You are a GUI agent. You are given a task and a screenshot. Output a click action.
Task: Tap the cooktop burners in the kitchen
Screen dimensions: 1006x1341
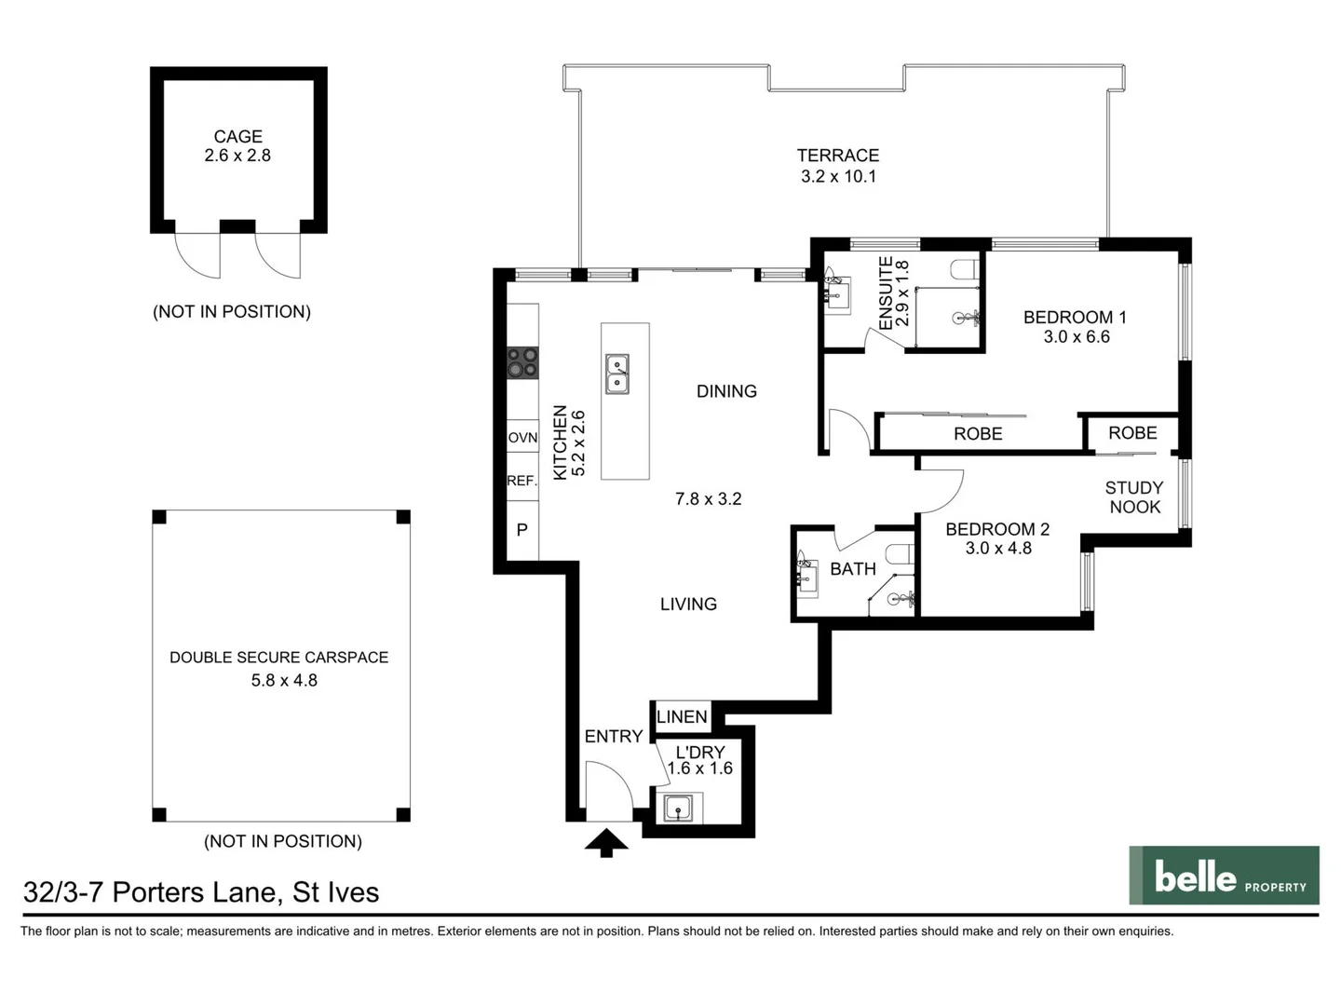pyautogui.click(x=522, y=362)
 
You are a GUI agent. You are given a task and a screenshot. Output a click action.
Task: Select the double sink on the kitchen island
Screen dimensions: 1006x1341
pyautogui.click(x=616, y=374)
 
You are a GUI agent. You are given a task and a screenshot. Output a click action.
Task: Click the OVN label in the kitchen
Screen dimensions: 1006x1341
pyautogui.click(x=522, y=437)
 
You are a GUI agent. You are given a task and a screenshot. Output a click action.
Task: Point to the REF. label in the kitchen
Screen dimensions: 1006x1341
pyautogui.click(x=522, y=481)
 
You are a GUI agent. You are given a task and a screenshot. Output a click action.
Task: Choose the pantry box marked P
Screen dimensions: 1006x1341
pyautogui.click(x=522, y=529)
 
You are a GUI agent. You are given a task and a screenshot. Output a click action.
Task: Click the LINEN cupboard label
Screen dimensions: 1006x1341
pyautogui.click(x=682, y=716)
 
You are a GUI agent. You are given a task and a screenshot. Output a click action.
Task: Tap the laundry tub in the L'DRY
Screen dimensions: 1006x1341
pyautogui.click(x=678, y=808)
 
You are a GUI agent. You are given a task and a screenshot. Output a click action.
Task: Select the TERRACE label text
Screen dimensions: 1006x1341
pyautogui.click(x=837, y=156)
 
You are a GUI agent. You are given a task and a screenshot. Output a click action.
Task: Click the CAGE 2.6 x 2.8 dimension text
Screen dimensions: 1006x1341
pyautogui.click(x=237, y=156)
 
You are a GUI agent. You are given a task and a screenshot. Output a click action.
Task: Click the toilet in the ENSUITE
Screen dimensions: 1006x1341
pyautogui.click(x=964, y=270)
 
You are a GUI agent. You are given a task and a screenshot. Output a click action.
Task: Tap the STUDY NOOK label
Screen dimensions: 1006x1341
pyautogui.click(x=1133, y=497)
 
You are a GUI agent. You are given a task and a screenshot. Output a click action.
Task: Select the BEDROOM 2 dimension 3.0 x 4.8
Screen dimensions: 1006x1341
pyautogui.click(x=997, y=549)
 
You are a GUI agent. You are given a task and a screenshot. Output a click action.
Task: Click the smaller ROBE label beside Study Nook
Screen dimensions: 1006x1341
pyautogui.click(x=1132, y=433)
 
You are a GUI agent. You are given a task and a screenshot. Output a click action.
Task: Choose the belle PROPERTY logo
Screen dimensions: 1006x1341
pyautogui.click(x=1224, y=876)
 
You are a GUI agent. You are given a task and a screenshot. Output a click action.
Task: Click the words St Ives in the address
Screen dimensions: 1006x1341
pyautogui.click(x=336, y=892)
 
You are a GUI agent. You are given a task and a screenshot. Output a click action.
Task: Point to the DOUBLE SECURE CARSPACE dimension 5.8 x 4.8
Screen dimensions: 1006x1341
pyautogui.click(x=284, y=681)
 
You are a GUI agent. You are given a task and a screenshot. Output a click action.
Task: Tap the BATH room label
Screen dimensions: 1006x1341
pyautogui.click(x=853, y=569)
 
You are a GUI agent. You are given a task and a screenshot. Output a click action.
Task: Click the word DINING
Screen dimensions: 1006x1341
pyautogui.click(x=726, y=391)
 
